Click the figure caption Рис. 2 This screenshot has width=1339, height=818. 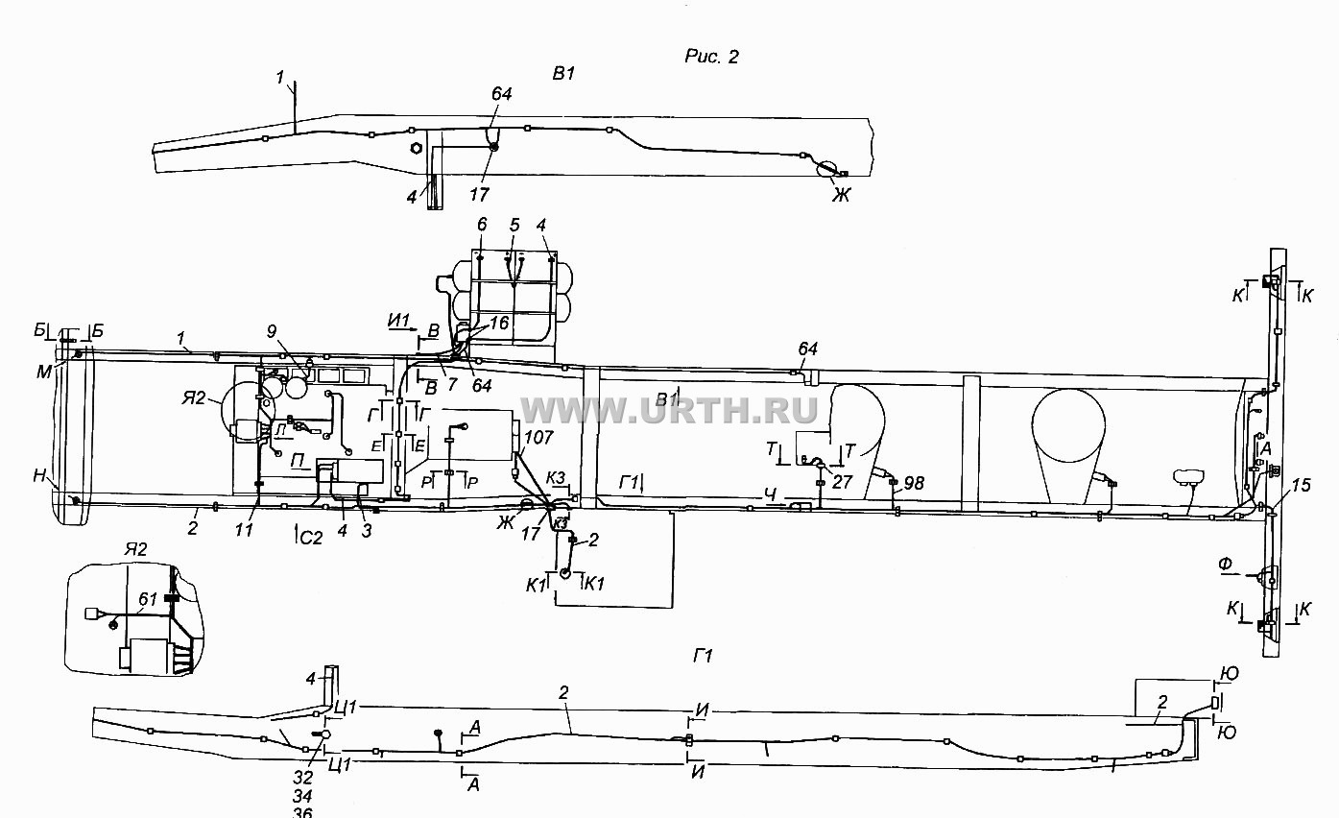[711, 57]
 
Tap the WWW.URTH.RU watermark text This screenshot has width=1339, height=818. [669, 410]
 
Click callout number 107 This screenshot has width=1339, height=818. [538, 438]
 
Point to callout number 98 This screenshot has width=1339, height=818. [914, 483]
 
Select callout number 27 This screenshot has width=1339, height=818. [842, 481]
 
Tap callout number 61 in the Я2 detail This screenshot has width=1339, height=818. [147, 599]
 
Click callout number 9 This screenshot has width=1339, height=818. [272, 332]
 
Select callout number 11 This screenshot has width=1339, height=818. [244, 530]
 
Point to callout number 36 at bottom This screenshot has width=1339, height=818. [302, 812]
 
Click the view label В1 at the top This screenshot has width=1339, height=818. [563, 74]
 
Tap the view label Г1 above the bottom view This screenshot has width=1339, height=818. [703, 657]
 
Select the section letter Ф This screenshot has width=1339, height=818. [1225, 564]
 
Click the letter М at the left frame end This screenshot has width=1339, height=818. [44, 372]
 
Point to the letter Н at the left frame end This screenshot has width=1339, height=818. [39, 476]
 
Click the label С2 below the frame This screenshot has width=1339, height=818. [311, 539]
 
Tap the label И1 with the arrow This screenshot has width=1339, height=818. [398, 321]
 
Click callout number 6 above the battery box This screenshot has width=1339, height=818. [482, 225]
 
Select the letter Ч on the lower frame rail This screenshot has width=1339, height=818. [771, 493]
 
